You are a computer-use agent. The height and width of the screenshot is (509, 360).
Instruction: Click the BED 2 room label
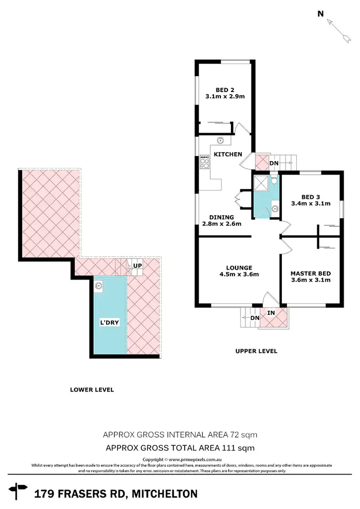(x=221, y=89)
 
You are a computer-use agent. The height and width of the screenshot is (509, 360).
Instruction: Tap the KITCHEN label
(x=228, y=154)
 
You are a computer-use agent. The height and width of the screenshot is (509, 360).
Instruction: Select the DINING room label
(x=221, y=217)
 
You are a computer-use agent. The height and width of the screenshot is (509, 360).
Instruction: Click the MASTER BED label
(x=310, y=274)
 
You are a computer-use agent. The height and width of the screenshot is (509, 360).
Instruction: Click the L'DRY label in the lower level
(x=109, y=323)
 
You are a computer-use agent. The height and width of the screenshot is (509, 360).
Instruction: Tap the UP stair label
(x=137, y=265)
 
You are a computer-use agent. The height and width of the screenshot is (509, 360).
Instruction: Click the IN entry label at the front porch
(x=271, y=313)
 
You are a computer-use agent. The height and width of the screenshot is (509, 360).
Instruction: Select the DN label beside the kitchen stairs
(x=274, y=163)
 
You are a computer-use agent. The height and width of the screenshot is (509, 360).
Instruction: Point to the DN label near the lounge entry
(x=255, y=318)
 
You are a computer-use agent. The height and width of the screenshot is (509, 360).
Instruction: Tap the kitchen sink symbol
(x=220, y=141)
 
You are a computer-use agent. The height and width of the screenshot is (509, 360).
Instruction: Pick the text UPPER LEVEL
(x=256, y=351)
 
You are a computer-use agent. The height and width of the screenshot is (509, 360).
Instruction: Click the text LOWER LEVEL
(x=92, y=390)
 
